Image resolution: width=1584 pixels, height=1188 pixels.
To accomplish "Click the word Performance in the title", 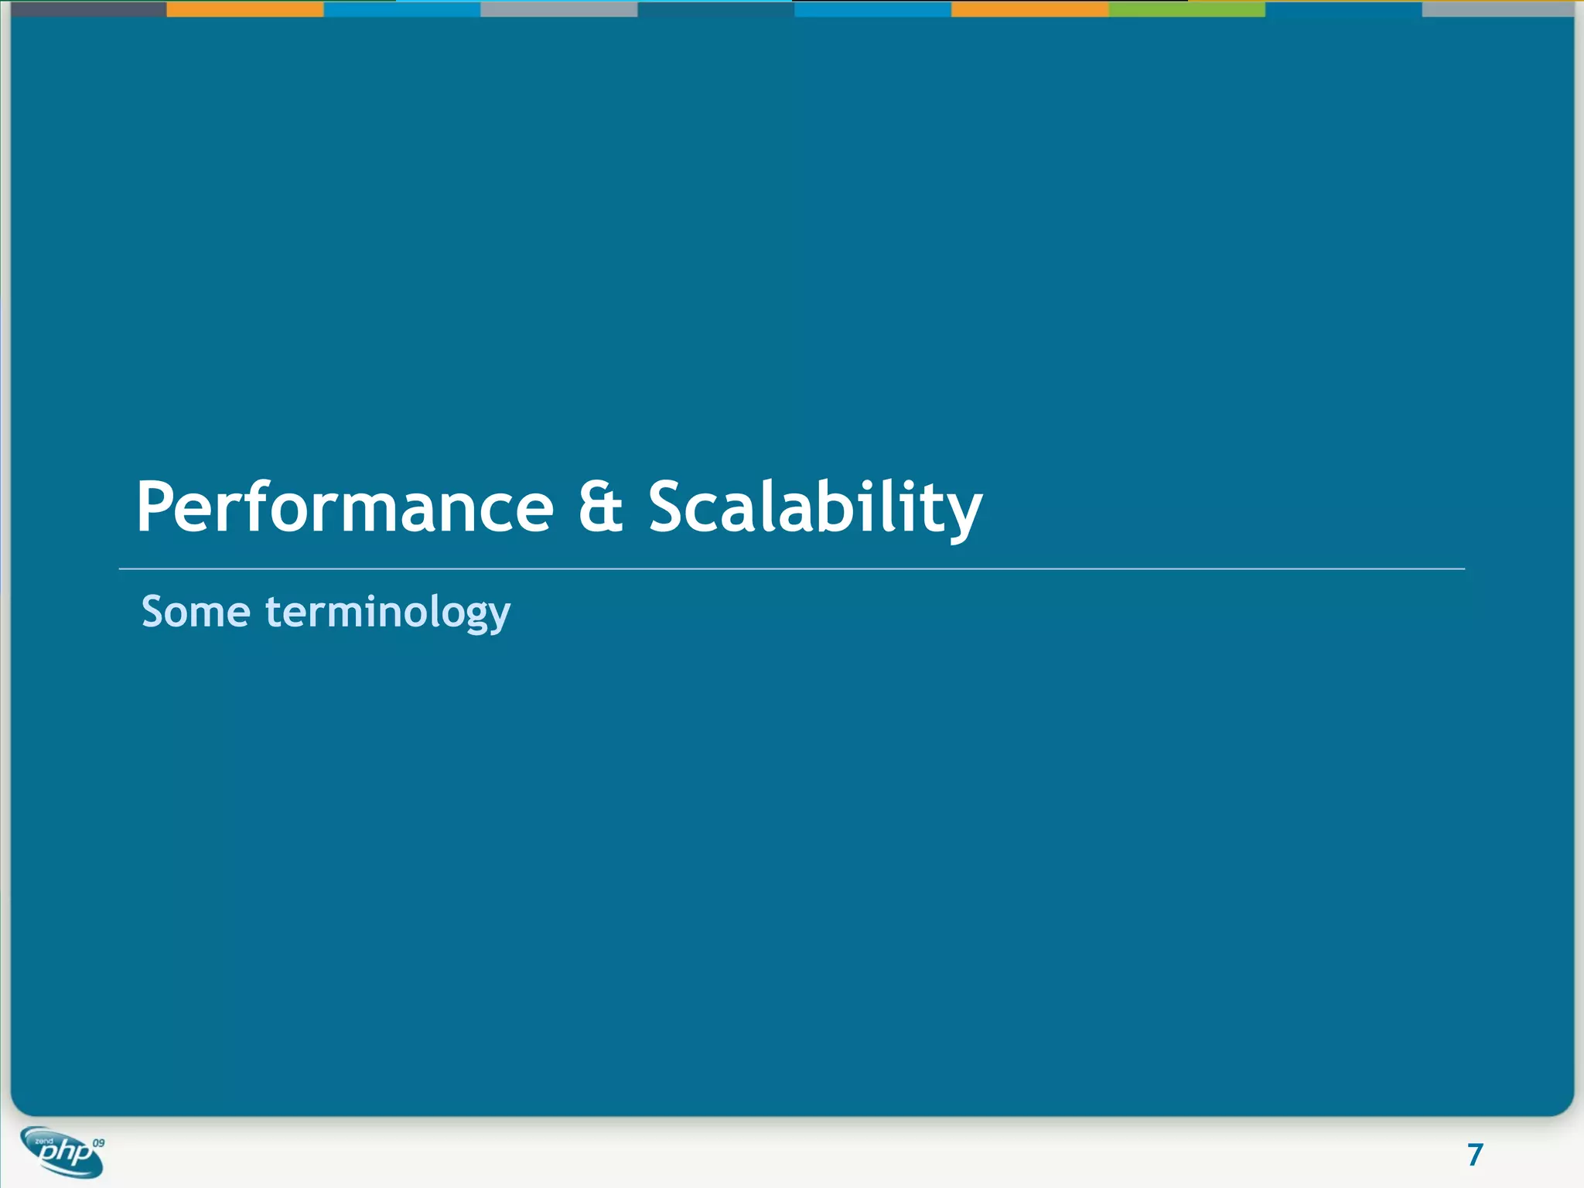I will pyautogui.click(x=345, y=507).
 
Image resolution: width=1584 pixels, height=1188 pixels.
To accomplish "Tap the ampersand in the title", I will pyautogui.click(x=601, y=507).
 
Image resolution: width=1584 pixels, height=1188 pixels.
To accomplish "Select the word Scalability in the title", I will pyautogui.click(x=815, y=507).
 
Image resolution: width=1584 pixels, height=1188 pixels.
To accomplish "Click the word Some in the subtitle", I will pyautogui.click(x=196, y=612).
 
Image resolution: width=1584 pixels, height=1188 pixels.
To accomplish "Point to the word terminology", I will pyautogui.click(x=387, y=613).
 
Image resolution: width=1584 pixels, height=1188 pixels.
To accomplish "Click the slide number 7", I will pyautogui.click(x=1475, y=1155).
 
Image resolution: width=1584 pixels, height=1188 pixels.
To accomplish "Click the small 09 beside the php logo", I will pyautogui.click(x=98, y=1142).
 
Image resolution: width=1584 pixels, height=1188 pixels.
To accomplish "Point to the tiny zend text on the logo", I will pyautogui.click(x=44, y=1141).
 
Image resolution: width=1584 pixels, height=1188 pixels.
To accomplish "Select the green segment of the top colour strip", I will pyautogui.click(x=1186, y=9).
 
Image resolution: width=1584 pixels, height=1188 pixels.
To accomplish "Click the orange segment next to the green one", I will pyautogui.click(x=1029, y=9).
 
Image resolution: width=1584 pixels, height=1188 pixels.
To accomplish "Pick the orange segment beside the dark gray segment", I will pyautogui.click(x=244, y=9).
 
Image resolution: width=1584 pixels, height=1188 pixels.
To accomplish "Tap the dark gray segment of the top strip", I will pyautogui.click(x=88, y=9).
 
